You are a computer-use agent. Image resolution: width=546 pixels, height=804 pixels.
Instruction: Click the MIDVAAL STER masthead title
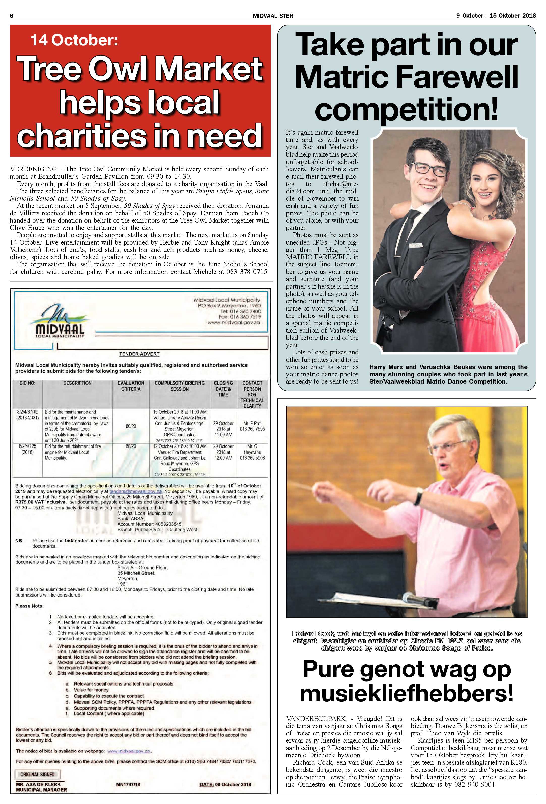(273, 16)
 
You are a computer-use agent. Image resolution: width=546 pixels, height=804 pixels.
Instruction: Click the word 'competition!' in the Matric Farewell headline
(407, 109)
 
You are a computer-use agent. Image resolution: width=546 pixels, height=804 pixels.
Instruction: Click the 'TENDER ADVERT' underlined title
(139, 354)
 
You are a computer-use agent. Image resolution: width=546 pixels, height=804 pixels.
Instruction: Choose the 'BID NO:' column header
(27, 383)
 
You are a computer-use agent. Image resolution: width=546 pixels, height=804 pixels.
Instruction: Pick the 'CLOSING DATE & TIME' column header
(223, 389)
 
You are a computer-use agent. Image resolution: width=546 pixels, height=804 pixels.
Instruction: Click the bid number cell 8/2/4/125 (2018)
(27, 449)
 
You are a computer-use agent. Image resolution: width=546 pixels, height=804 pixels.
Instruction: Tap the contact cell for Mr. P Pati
(252, 426)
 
